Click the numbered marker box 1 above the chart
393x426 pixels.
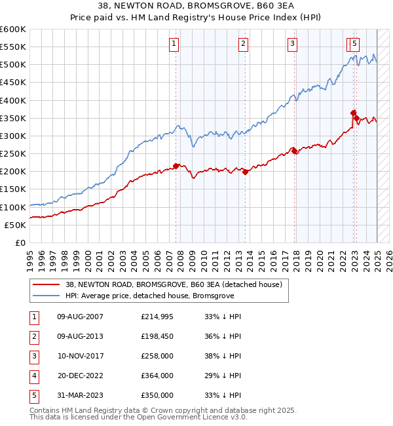click(x=174, y=44)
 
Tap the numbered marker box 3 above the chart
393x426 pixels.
click(x=292, y=44)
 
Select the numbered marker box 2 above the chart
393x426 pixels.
click(x=243, y=44)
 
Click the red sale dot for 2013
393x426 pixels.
click(x=245, y=172)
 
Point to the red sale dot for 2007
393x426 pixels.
click(x=176, y=166)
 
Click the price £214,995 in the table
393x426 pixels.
click(x=157, y=316)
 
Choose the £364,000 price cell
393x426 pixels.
click(x=157, y=376)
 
